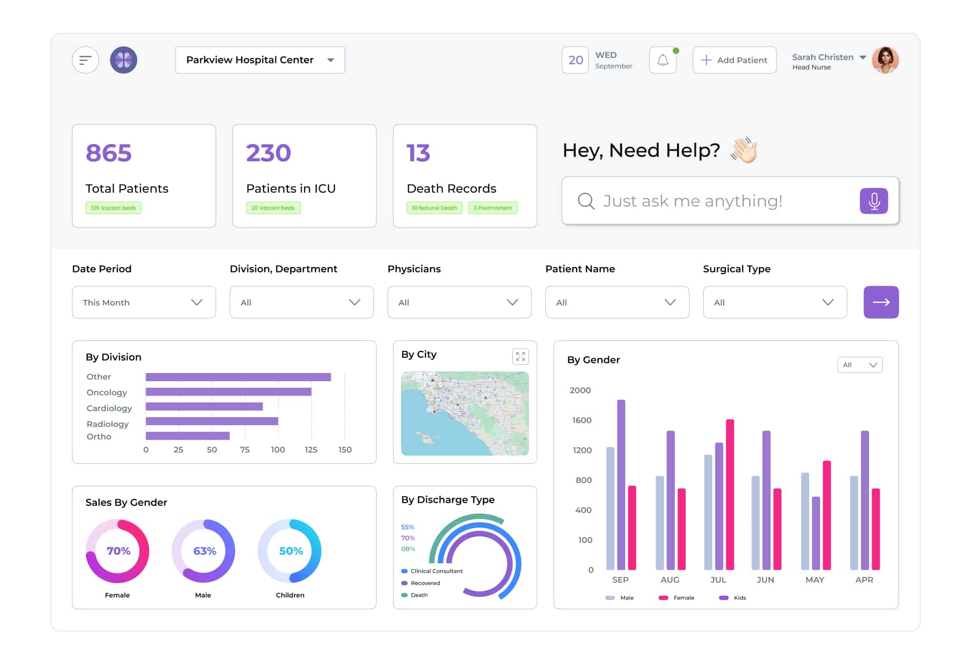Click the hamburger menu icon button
[x=86, y=60]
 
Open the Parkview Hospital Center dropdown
[x=260, y=60]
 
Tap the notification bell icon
[x=663, y=60]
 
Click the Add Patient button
[x=734, y=60]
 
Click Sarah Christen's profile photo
[x=885, y=60]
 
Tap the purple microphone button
[x=874, y=201]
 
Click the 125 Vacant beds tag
[x=113, y=208]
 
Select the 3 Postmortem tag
[x=493, y=208]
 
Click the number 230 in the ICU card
[x=268, y=153]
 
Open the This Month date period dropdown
[x=144, y=302]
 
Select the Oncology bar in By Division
[x=228, y=392]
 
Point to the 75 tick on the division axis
[x=245, y=449]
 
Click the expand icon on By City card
[x=520, y=357]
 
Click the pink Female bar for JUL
[x=730, y=494]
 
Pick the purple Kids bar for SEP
[x=621, y=484]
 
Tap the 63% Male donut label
[x=204, y=551]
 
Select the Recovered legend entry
[x=425, y=583]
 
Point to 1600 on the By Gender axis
[x=581, y=420]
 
